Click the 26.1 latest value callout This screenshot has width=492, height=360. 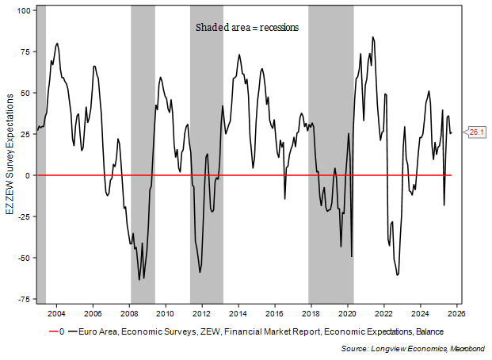point(478,132)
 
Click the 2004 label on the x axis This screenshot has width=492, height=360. point(56,312)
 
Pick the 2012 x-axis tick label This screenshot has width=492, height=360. point(201,312)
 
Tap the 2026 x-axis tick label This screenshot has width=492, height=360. point(456,312)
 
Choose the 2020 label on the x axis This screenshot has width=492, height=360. point(347,312)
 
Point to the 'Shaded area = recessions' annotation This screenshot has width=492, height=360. point(247,27)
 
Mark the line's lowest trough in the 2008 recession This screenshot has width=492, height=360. point(139,280)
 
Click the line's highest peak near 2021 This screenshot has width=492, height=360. point(372,36)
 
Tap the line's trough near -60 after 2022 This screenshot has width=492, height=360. point(397,275)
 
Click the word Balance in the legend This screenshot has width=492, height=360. point(429,331)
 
